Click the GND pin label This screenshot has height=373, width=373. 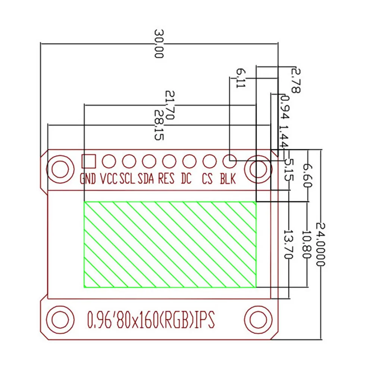click(x=88, y=179)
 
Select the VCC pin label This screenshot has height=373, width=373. click(x=109, y=179)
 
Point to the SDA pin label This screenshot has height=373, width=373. click(x=146, y=179)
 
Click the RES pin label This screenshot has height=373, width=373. click(x=166, y=179)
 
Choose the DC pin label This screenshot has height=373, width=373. click(x=186, y=179)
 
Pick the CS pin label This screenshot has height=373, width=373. click(x=207, y=179)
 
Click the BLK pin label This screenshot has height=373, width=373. click(x=228, y=179)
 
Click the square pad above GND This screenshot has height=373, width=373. click(x=88, y=161)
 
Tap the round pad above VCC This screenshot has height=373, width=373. click(x=109, y=161)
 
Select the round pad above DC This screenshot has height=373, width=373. click(x=189, y=161)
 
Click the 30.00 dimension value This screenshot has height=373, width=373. click(x=159, y=44)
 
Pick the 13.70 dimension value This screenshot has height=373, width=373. click(x=288, y=244)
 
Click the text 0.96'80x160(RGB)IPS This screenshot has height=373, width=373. click(x=150, y=319)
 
